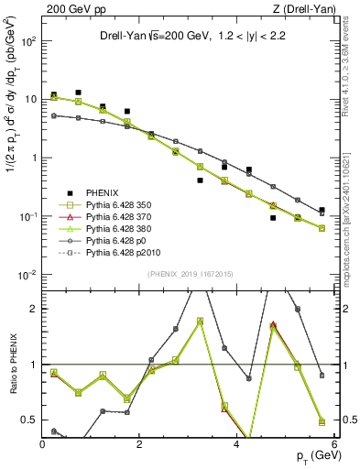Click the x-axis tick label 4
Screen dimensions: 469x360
237,446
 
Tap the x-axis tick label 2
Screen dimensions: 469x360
140,446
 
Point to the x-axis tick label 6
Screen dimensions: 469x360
333,446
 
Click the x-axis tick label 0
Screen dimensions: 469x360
43,446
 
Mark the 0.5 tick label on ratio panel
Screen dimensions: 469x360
31,420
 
